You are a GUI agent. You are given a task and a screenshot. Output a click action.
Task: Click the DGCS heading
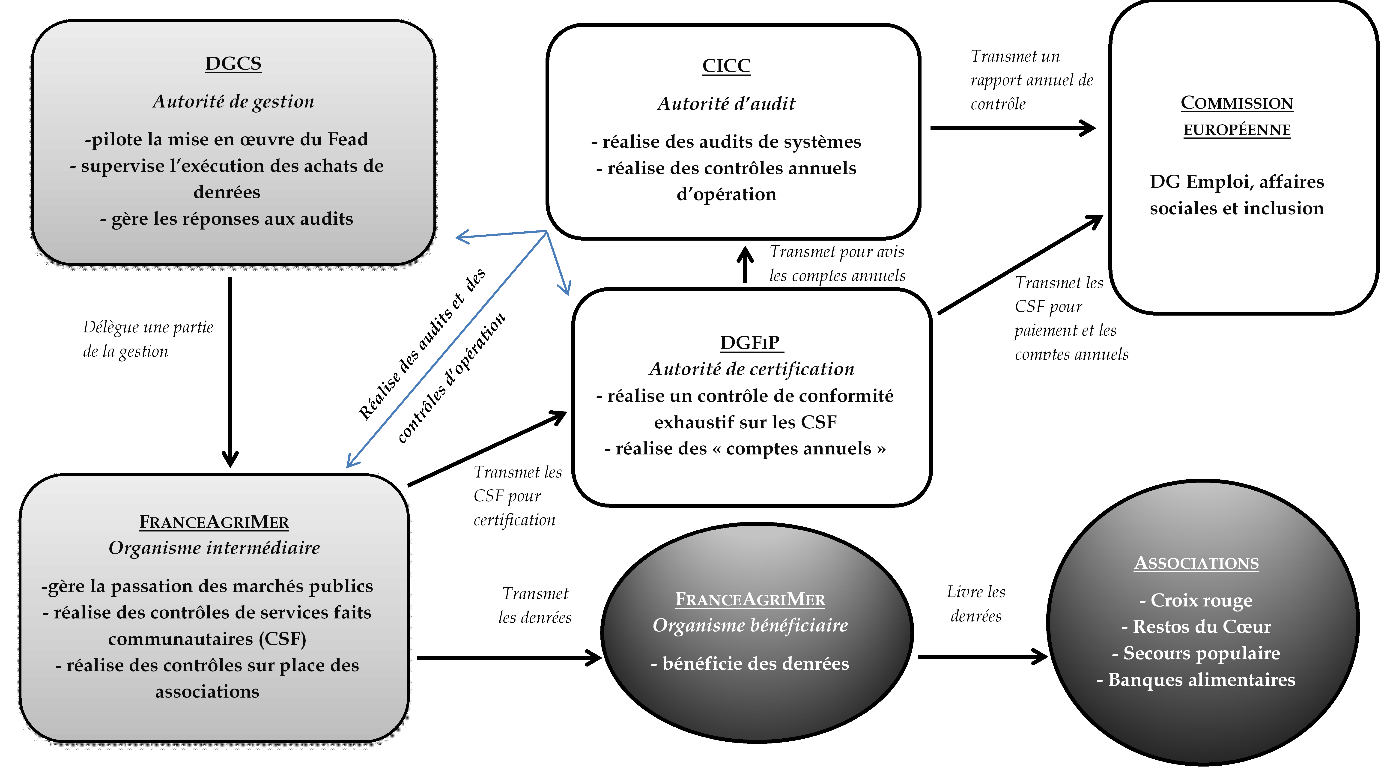[x=233, y=64]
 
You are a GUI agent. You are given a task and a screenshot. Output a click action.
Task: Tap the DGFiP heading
[x=750, y=343]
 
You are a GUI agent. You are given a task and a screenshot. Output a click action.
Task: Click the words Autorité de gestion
[x=233, y=101]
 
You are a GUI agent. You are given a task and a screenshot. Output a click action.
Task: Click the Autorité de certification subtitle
[x=751, y=369]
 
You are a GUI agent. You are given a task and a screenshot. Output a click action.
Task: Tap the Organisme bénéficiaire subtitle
[x=750, y=625]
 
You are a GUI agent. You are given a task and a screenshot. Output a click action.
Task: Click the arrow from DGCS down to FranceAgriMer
[x=230, y=371]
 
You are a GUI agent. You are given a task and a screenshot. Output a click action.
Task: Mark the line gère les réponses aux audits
[x=227, y=219]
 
